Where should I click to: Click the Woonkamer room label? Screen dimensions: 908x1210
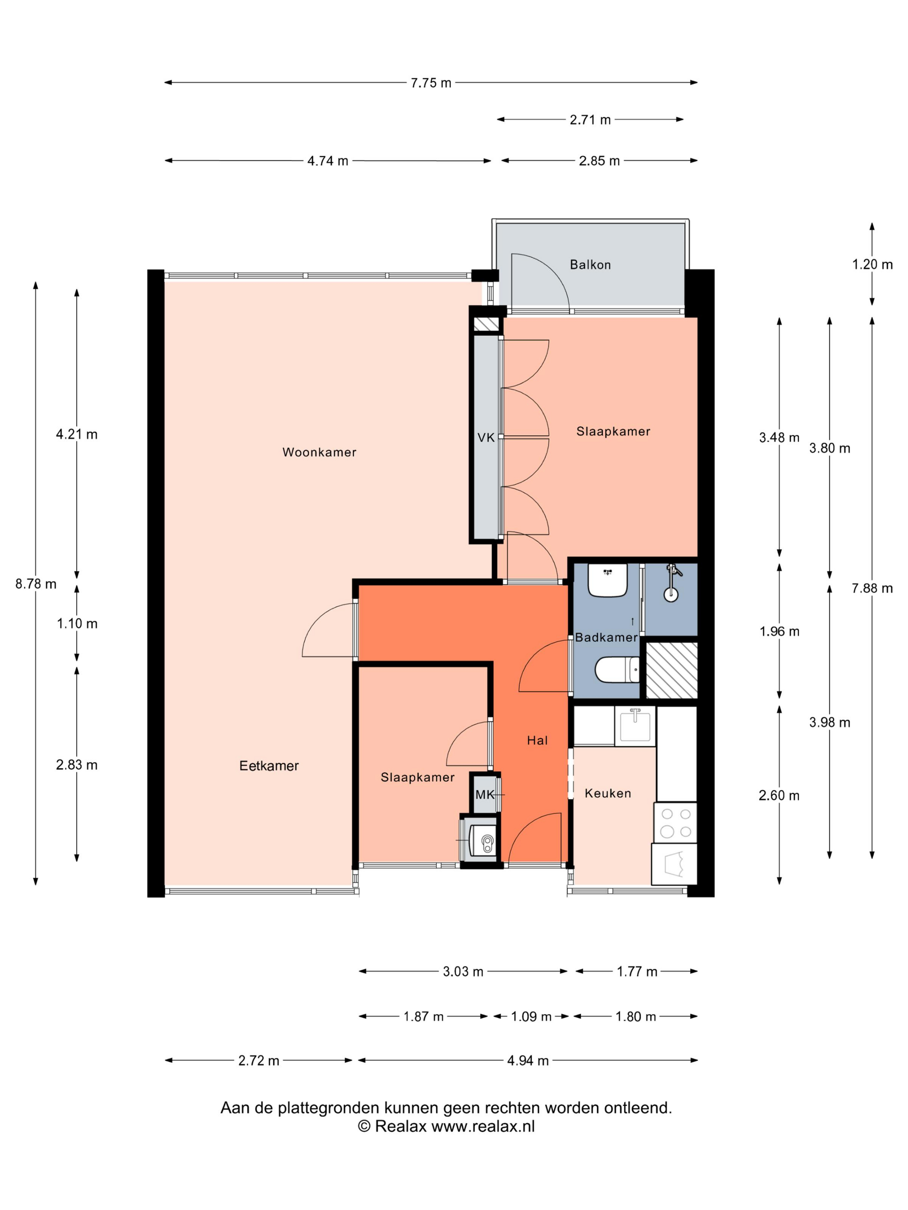tap(319, 452)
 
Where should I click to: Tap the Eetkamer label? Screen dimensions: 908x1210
tap(269, 766)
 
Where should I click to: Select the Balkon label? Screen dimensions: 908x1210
tap(590, 265)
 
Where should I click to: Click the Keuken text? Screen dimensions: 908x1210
tap(607, 793)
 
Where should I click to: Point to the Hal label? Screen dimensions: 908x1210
tap(537, 741)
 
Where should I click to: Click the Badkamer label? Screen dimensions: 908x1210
tap(606, 637)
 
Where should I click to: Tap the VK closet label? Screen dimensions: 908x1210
tap(486, 438)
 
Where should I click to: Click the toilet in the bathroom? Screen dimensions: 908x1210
tap(617, 669)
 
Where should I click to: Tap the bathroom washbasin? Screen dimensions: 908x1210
tap(607, 580)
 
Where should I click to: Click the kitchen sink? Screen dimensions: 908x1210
tap(635, 726)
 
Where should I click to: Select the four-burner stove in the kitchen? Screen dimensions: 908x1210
tap(675, 823)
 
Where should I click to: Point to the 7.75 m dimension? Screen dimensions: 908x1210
tap(431, 83)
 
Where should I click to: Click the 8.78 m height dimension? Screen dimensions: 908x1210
tap(35, 584)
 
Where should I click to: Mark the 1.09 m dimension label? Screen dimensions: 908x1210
tap(531, 1016)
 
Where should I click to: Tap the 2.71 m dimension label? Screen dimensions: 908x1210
tap(590, 120)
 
